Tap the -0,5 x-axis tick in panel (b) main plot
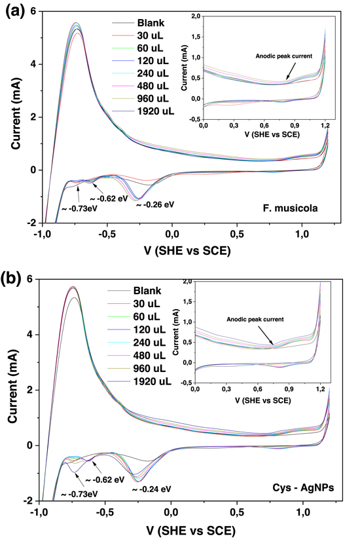coord(105,513)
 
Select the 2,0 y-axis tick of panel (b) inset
coord(187,282)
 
